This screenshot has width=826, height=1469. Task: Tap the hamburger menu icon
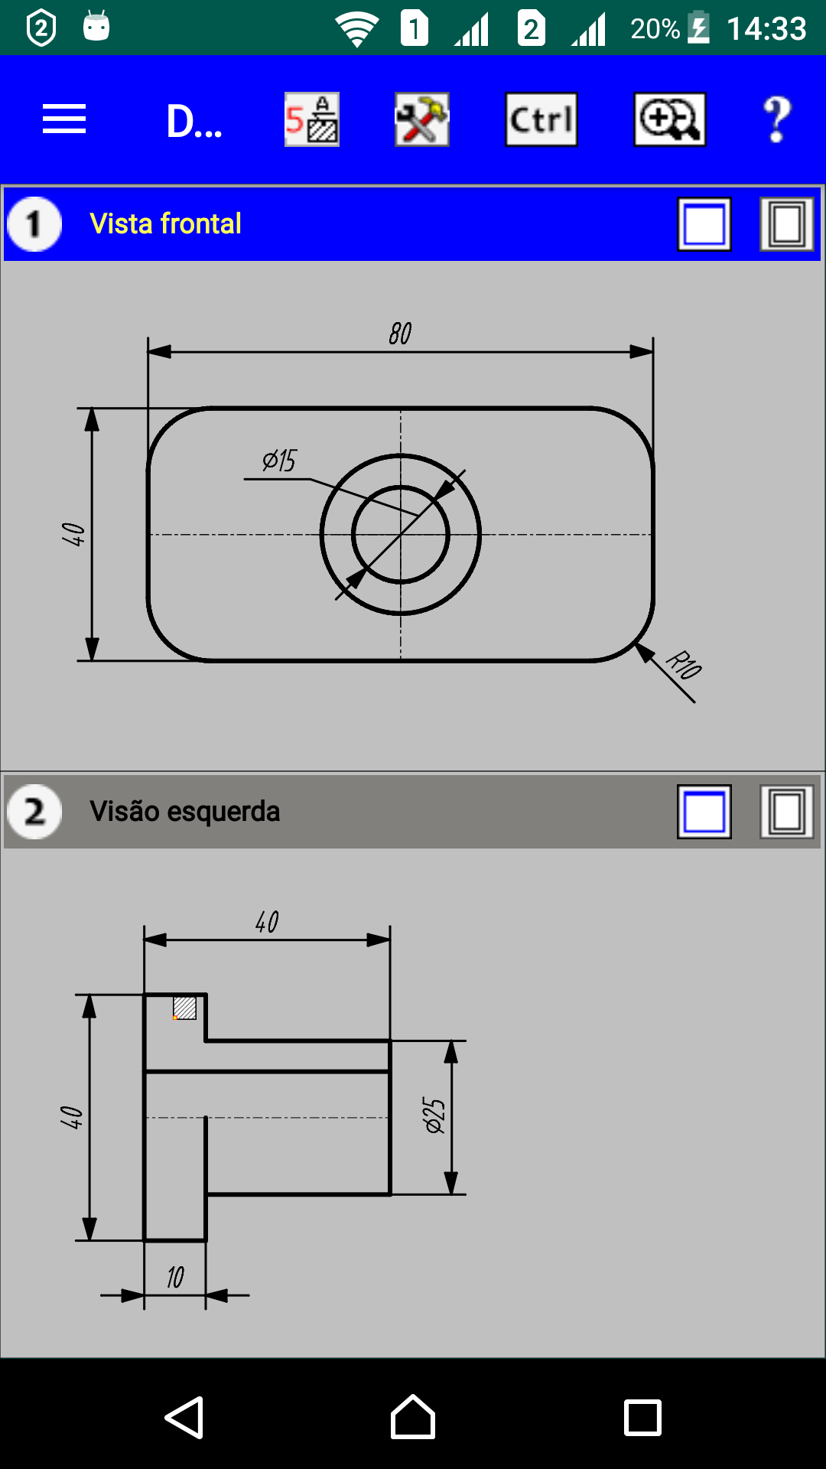64,119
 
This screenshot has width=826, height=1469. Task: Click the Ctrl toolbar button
541,119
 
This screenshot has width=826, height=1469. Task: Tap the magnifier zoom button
670,119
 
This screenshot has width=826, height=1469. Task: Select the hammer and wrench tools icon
422,119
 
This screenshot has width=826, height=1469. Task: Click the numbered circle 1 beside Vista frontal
34,224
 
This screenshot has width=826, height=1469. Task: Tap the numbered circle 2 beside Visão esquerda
34,812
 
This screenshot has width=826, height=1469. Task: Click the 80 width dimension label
400,334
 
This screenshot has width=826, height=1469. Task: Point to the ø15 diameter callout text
279,461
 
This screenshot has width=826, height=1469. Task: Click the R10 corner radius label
684,664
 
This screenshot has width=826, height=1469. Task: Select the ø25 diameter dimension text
434,1116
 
